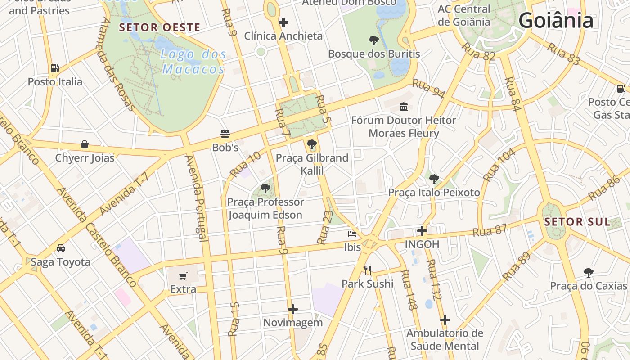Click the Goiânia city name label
556,21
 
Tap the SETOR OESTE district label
159,27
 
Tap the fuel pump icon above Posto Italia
55,68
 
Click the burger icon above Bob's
225,134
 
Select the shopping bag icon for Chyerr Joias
85,144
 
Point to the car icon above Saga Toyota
61,248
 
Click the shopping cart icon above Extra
183,276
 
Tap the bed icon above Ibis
352,234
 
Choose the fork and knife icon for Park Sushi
368,270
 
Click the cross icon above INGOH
422,231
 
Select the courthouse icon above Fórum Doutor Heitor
404,107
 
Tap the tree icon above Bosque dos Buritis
373,40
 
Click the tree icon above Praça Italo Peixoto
434,179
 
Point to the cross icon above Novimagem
293,309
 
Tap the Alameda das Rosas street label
118,64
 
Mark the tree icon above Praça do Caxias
588,272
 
